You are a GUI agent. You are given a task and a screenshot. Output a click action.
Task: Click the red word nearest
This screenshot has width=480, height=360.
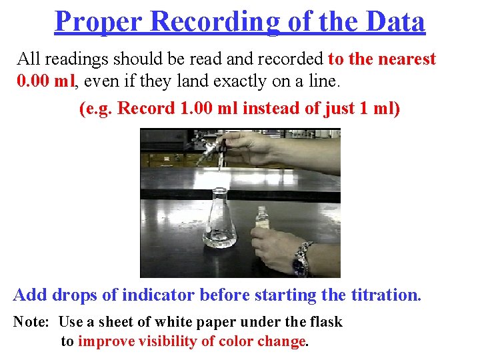[407, 59]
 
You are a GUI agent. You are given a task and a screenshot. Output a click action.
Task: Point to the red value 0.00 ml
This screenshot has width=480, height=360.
[47, 83]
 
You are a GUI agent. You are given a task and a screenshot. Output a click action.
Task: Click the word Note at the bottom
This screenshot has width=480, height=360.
[30, 323]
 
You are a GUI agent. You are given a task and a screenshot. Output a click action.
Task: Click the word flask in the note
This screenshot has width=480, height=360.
[326, 323]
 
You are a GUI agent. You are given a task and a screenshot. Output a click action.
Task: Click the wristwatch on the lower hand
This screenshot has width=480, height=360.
[302, 258]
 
